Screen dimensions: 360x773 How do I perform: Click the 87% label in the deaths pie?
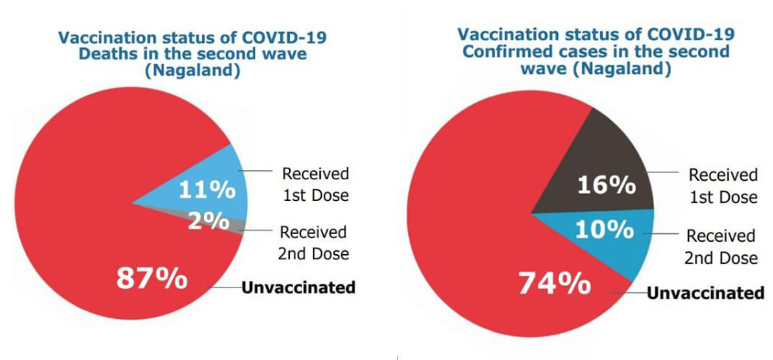[x=152, y=277]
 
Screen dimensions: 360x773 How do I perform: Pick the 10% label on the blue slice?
[x=604, y=229]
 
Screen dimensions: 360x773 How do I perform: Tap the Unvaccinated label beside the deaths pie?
[x=298, y=288]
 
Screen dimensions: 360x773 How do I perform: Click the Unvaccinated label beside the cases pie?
[x=704, y=293]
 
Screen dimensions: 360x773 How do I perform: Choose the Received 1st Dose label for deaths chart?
[x=315, y=184]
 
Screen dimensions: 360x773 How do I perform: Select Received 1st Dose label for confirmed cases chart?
[x=723, y=186]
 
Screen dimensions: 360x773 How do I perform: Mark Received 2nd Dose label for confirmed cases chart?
[x=721, y=247]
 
